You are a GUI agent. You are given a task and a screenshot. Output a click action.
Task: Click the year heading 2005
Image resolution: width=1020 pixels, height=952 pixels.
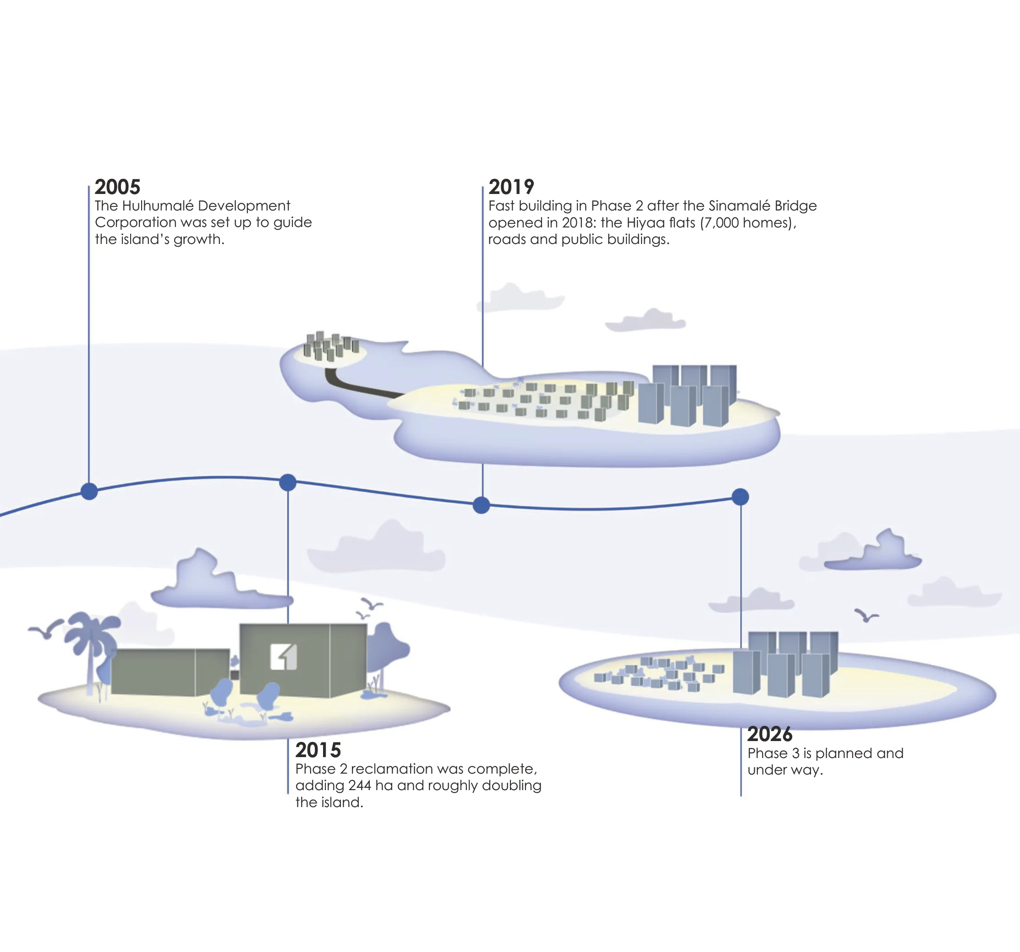(117, 187)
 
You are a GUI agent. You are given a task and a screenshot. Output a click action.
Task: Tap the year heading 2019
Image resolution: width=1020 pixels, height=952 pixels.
(511, 187)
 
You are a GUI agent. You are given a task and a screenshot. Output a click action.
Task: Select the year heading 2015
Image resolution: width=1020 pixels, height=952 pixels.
(318, 750)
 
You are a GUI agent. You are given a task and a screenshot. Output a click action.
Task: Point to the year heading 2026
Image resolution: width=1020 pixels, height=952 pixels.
(770, 734)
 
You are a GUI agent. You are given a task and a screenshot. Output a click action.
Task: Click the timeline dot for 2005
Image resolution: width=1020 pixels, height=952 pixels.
(89, 492)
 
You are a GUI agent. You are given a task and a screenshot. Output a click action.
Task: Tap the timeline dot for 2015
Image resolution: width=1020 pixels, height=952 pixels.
(288, 483)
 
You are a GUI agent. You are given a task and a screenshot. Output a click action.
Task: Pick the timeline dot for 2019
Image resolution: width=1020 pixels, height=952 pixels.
(481, 505)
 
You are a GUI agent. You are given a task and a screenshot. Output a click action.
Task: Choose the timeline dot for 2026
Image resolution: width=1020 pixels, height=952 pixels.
(740, 497)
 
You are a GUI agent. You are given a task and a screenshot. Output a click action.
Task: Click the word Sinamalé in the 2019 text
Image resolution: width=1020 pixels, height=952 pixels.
(740, 206)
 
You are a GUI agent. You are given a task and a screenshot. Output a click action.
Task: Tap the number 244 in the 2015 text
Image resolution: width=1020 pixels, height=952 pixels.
(359, 786)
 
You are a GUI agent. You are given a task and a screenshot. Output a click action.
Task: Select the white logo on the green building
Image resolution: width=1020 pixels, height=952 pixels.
(284, 657)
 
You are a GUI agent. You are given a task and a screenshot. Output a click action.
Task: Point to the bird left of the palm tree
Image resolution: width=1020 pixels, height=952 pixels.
(46, 629)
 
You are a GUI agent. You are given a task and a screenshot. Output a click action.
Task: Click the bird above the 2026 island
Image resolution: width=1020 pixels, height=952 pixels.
(866, 615)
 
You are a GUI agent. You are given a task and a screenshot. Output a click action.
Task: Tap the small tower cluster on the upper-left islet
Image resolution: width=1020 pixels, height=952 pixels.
(331, 346)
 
